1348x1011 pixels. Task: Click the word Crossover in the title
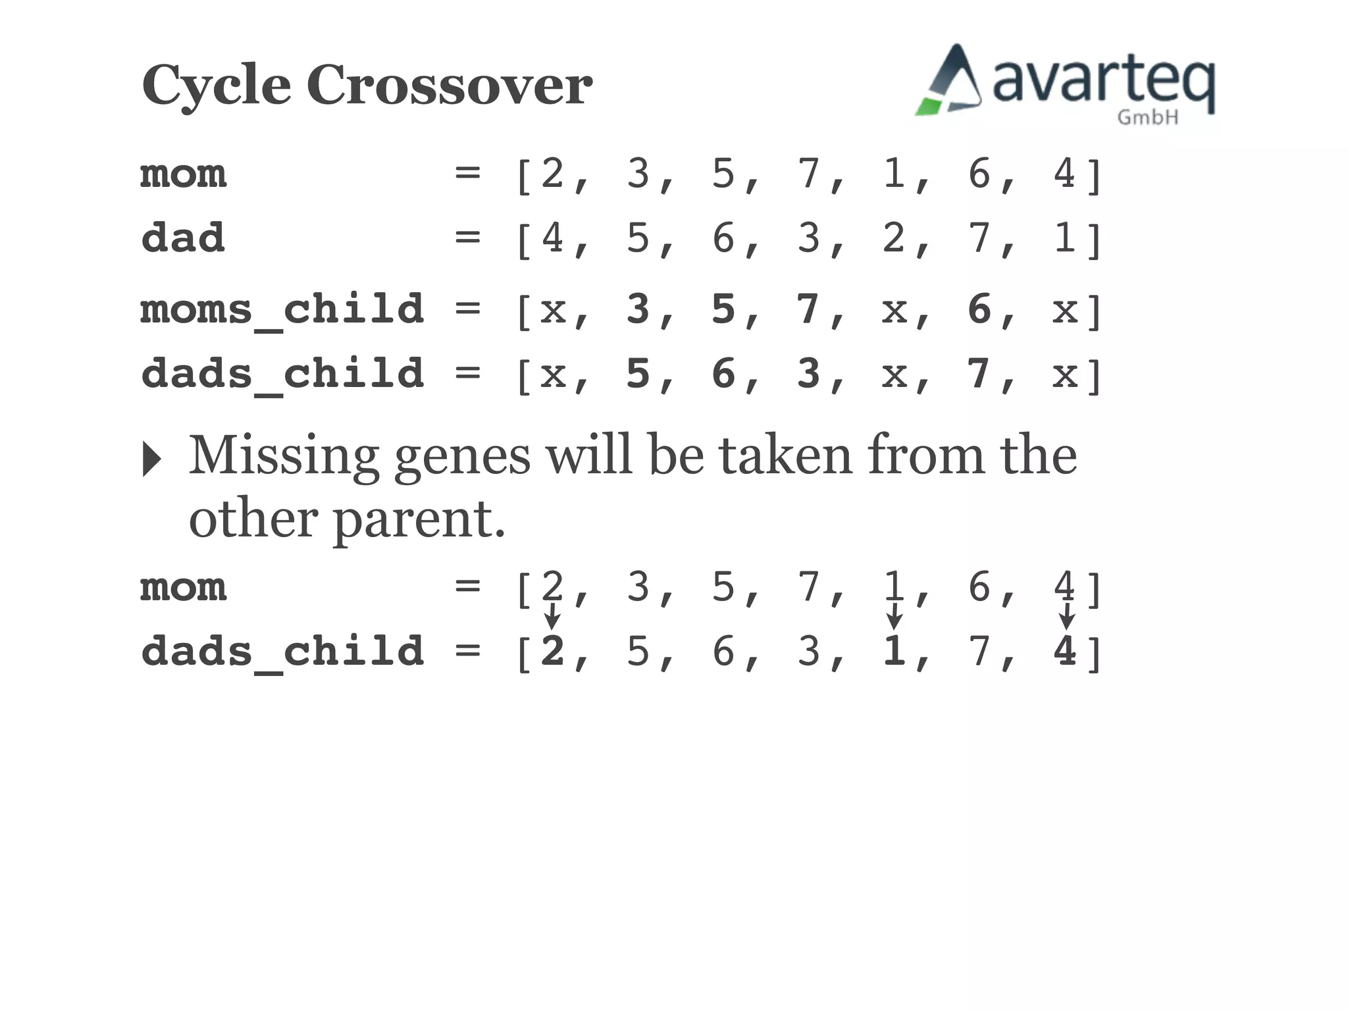coord(450,85)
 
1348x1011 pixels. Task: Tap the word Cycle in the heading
coord(216,86)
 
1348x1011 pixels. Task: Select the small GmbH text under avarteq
coord(1147,117)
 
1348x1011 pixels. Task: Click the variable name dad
coord(183,238)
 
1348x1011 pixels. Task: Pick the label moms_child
coord(282,310)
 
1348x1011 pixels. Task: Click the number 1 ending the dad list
coord(1064,238)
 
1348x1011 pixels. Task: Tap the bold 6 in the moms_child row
coord(979,309)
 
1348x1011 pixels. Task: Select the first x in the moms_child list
coord(553,310)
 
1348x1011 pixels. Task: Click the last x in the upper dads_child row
coord(1064,375)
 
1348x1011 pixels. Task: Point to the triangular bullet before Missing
coord(151,458)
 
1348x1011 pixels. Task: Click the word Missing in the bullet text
coord(284,457)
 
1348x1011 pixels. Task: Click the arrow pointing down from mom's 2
coord(552,616)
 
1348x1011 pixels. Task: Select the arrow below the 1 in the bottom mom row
coord(894,616)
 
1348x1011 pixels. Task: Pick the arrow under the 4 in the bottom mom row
coord(1066,616)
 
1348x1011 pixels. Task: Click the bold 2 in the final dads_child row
coord(552,652)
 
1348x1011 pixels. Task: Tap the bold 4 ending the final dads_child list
coord(1064,652)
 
